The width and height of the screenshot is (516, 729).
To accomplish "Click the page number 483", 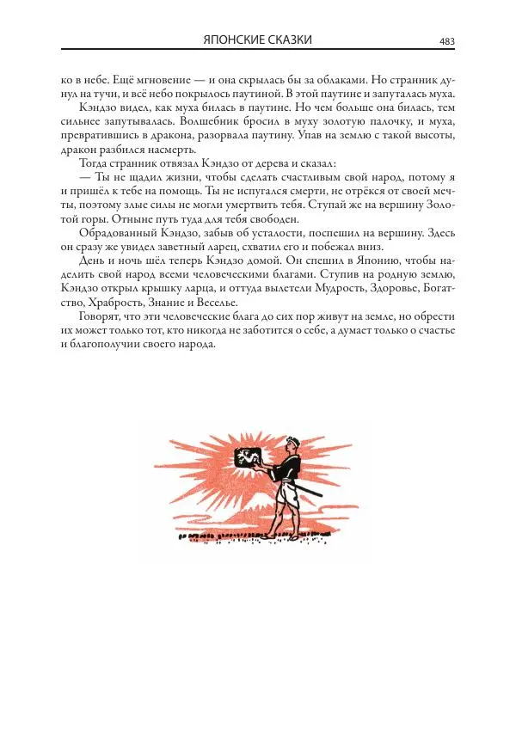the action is click(446, 40).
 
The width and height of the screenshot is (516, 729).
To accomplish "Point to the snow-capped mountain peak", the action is click(239, 497).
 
